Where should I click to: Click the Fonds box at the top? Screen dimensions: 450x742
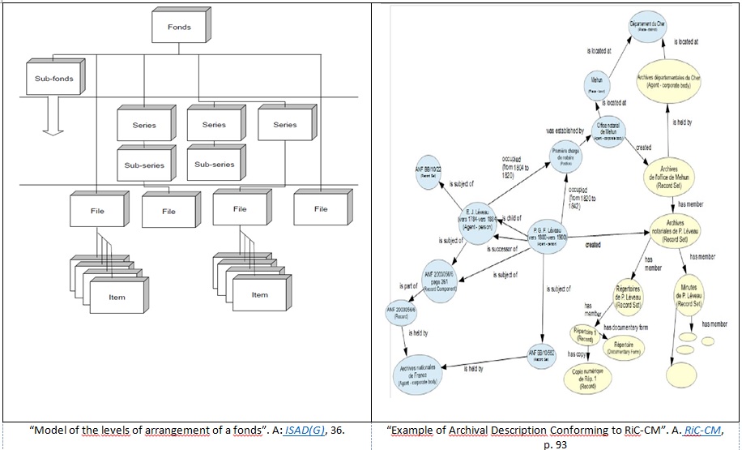(179, 28)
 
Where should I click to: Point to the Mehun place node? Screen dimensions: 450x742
(598, 84)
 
